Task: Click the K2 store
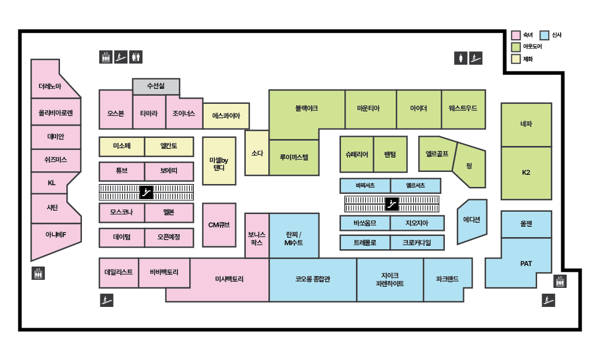[526, 173]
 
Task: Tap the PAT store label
[526, 264]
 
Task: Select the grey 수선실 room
[156, 87]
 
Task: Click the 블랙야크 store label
[306, 108]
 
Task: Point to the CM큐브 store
[219, 224]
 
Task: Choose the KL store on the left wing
[51, 183]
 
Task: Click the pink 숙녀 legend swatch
[516, 35]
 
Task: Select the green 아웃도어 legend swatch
[516, 47]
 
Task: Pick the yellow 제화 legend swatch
[516, 58]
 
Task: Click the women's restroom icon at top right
[460, 58]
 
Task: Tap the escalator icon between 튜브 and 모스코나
[147, 192]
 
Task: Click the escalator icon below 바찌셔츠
[392, 203]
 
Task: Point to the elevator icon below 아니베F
[38, 273]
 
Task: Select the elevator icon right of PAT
[560, 282]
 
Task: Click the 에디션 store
[472, 220]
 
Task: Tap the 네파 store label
[526, 124]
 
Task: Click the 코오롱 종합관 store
[312, 280]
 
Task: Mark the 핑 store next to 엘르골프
[470, 166]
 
